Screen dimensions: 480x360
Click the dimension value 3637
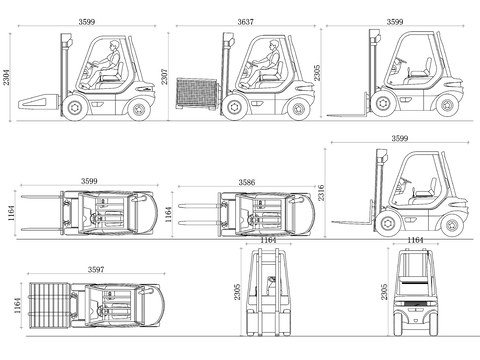tap(245, 22)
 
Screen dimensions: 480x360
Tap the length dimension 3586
tap(247, 182)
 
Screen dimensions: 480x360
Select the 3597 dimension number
tap(96, 269)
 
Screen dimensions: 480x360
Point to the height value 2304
tap(7, 77)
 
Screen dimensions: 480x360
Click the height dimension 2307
tap(165, 77)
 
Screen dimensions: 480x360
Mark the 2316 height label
tap(321, 193)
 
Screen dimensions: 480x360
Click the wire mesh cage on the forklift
tap(197, 94)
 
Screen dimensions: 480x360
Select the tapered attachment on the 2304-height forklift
tap(39, 101)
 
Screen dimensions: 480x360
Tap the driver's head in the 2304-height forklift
tap(114, 45)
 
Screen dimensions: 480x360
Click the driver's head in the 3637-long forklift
tap(274, 45)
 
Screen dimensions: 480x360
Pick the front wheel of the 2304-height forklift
tap(74, 107)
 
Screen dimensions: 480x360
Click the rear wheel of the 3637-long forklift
tap(298, 109)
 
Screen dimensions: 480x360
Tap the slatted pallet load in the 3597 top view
tap(49, 305)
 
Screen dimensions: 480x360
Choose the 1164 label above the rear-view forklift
tap(415, 240)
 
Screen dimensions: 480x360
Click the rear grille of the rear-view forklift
tap(415, 303)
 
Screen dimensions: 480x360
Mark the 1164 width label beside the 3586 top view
tap(169, 214)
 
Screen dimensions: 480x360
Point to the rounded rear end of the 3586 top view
tap(310, 214)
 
